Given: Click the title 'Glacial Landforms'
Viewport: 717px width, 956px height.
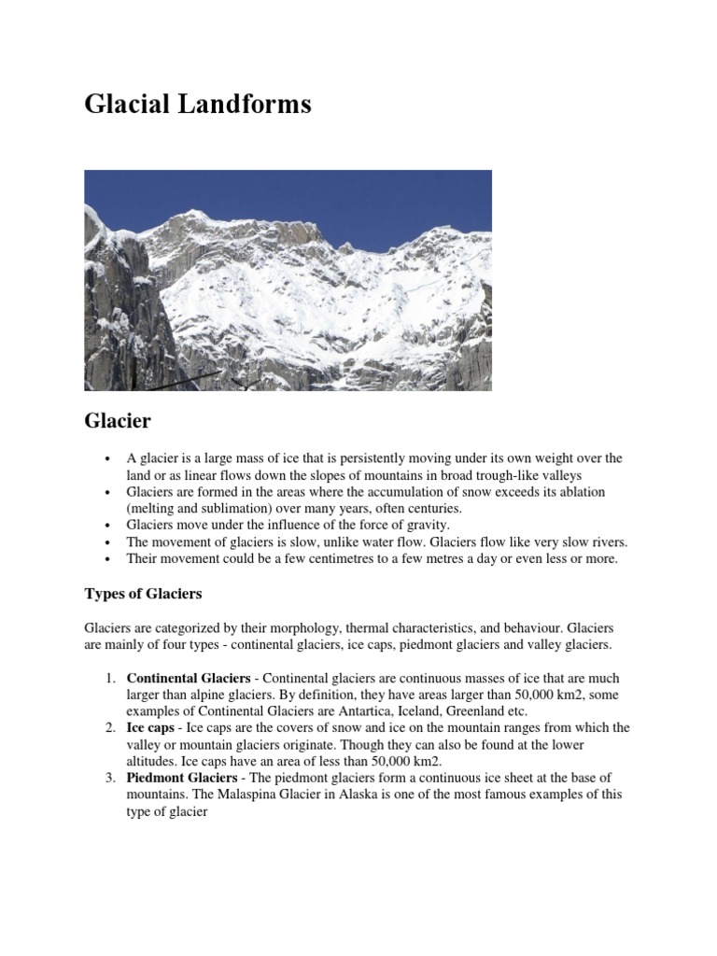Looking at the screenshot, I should coord(198,105).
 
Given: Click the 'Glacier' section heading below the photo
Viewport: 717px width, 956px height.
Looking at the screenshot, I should coord(118,421).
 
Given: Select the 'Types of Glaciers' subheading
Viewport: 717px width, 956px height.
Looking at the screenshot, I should coord(143,594).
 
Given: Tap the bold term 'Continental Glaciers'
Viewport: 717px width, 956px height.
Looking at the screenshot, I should coord(189,678).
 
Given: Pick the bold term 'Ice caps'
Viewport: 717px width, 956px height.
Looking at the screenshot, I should coord(150,728).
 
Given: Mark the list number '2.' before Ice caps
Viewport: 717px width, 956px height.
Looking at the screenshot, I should coord(110,728).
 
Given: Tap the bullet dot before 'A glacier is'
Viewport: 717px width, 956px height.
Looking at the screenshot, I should coord(109,459).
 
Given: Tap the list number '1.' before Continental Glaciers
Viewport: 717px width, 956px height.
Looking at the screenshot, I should coord(110,678).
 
